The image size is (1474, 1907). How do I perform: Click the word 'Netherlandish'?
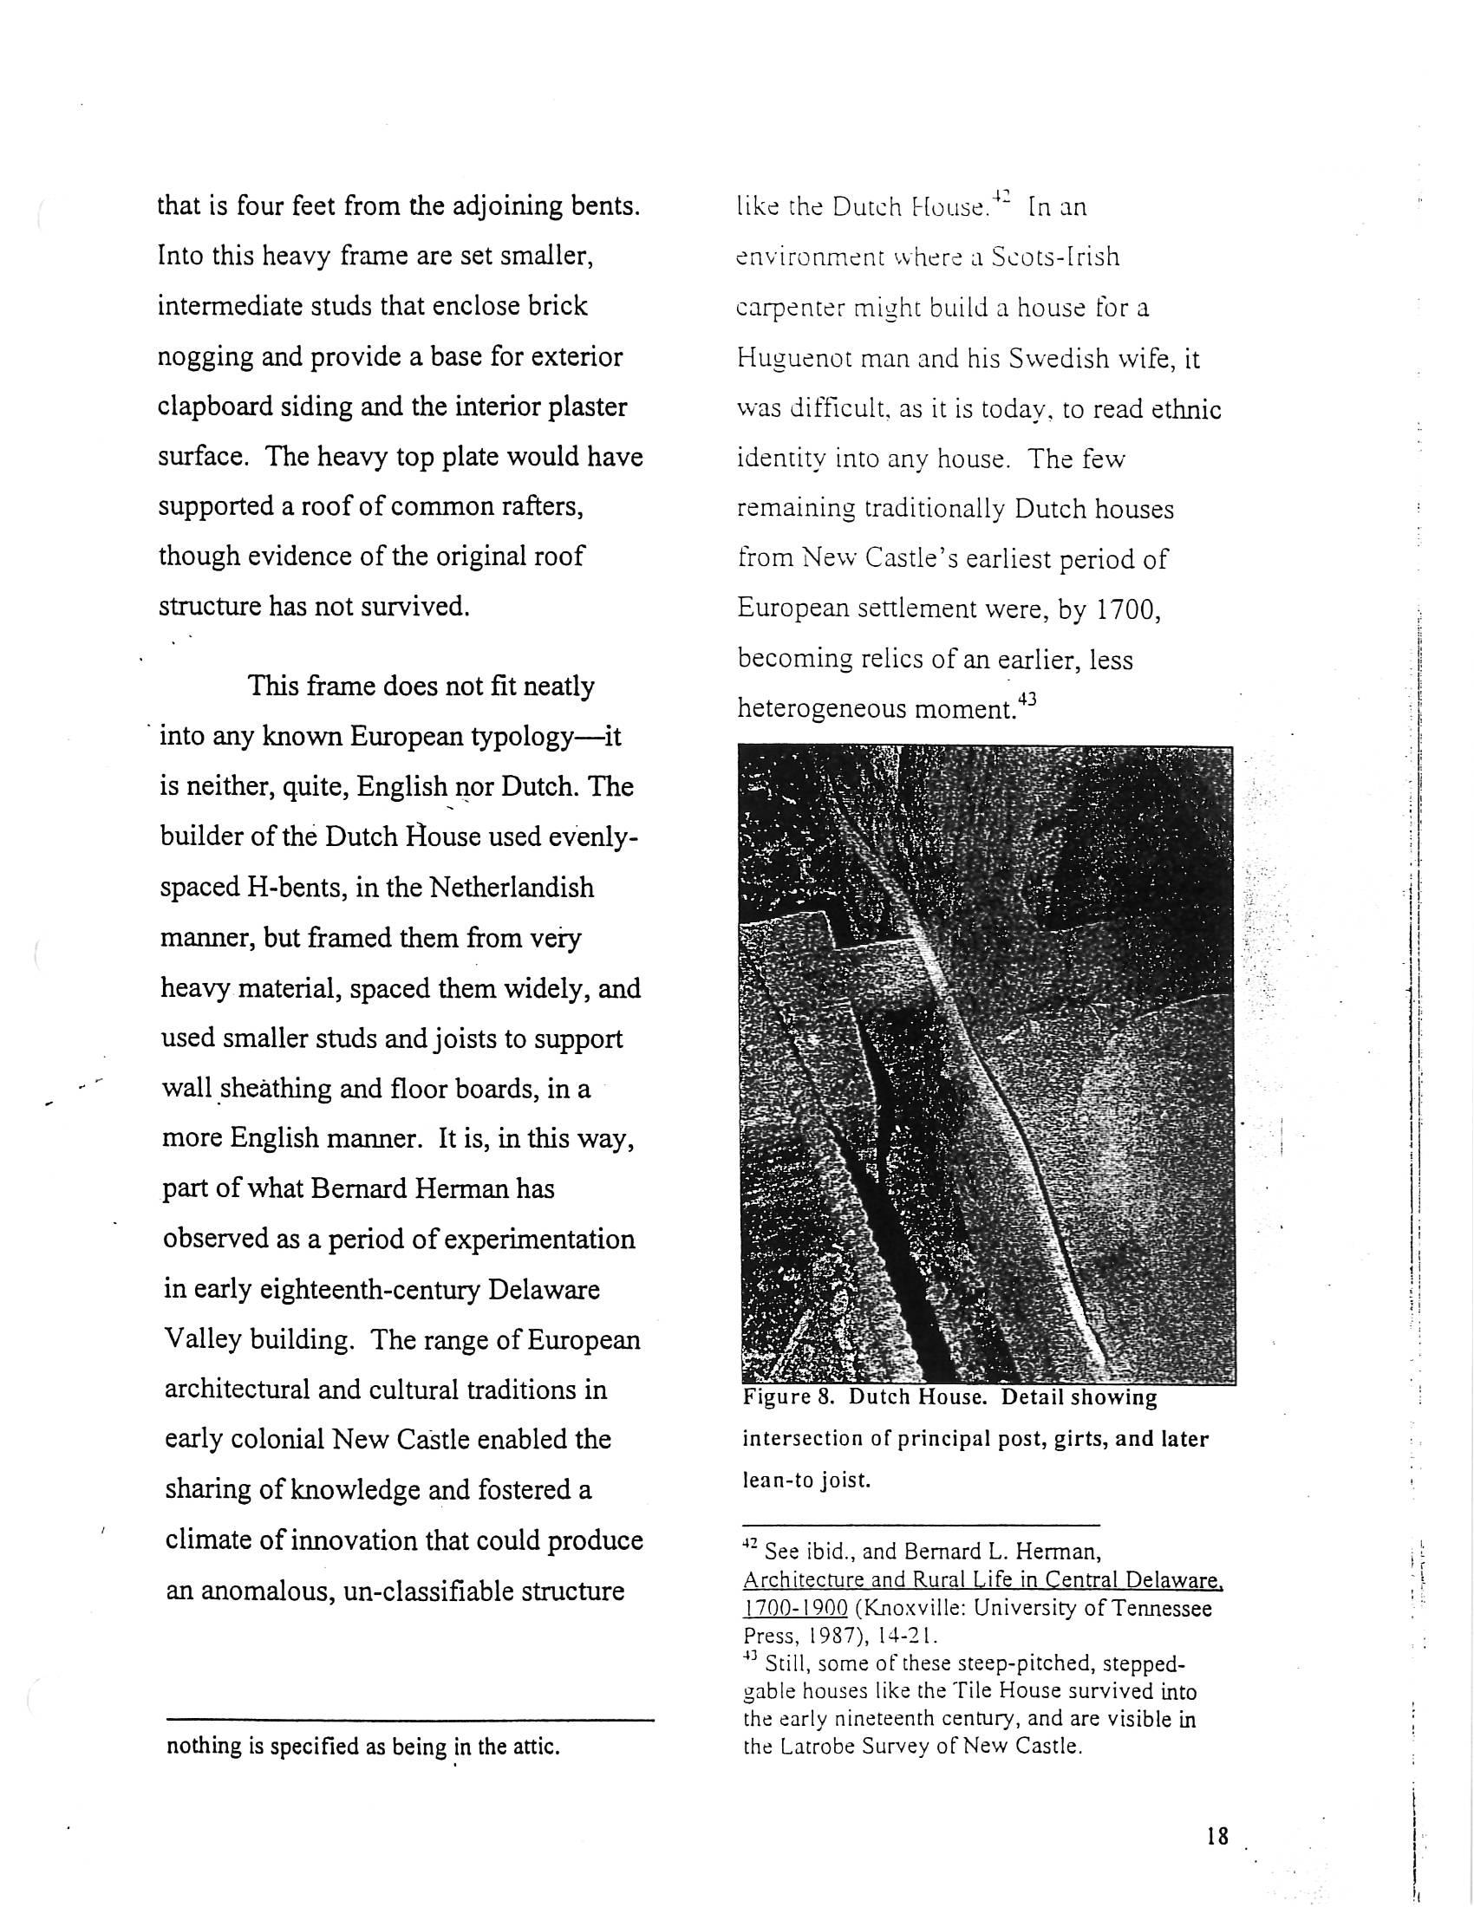(x=511, y=888)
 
